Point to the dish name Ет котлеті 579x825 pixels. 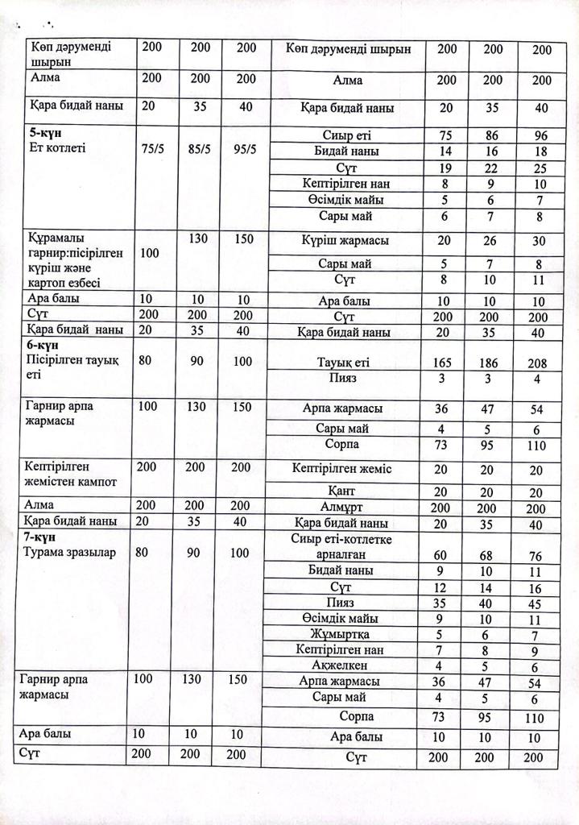(x=56, y=147)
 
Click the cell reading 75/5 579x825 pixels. (x=154, y=148)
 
